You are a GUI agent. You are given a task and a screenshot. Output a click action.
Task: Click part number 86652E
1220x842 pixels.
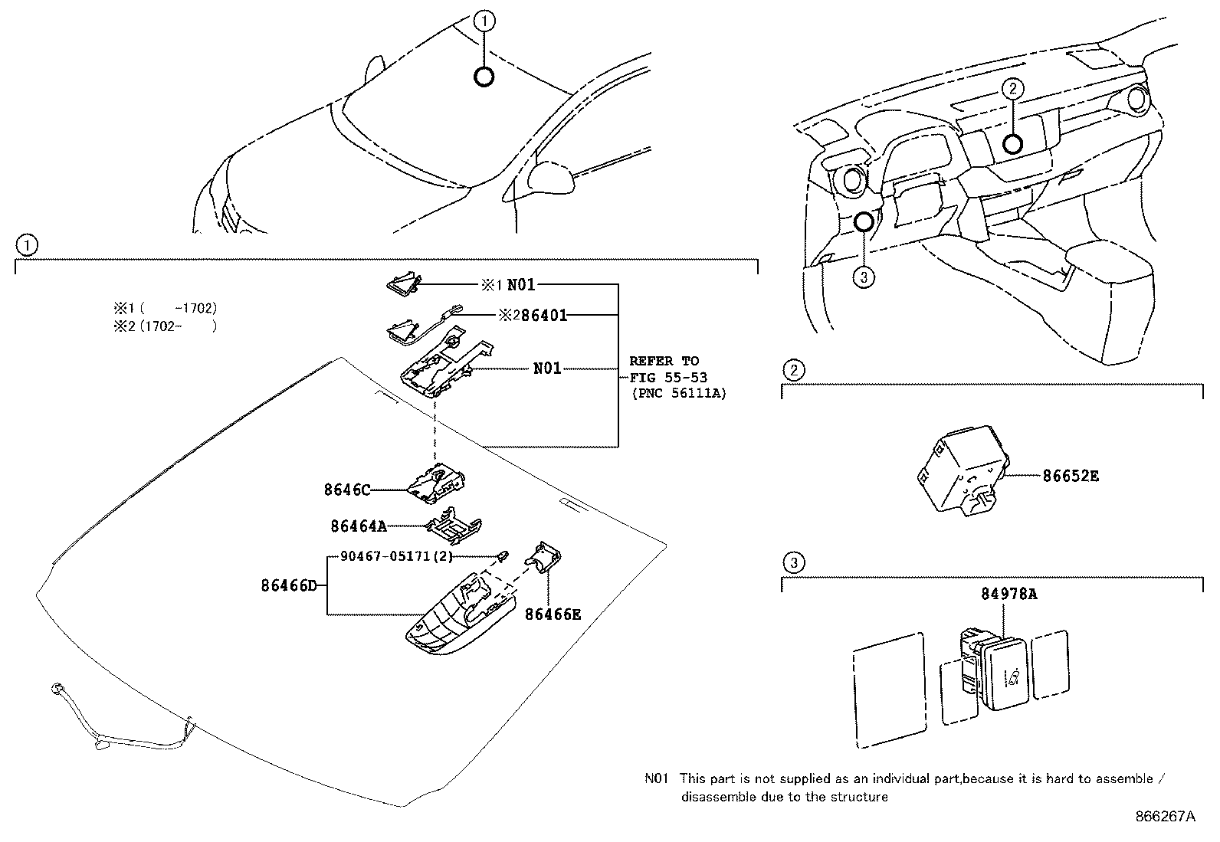pos(1070,476)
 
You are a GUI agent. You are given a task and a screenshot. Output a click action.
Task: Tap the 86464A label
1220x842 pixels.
pos(358,526)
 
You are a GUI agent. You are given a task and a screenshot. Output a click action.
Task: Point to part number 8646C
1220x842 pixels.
pos(346,490)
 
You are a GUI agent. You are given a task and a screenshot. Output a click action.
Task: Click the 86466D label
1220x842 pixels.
pos(288,586)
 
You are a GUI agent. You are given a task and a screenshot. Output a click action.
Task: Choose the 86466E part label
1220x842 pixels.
pos(553,614)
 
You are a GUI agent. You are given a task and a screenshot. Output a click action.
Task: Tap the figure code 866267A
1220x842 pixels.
pos(1164,817)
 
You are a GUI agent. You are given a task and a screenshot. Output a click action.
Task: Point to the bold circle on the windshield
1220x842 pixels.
pos(484,76)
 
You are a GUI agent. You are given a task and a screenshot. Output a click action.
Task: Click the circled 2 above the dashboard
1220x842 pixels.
pos(1012,89)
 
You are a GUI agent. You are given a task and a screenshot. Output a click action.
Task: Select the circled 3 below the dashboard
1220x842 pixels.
pos(864,277)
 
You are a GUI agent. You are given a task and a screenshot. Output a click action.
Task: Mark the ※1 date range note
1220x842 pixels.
pos(166,308)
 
